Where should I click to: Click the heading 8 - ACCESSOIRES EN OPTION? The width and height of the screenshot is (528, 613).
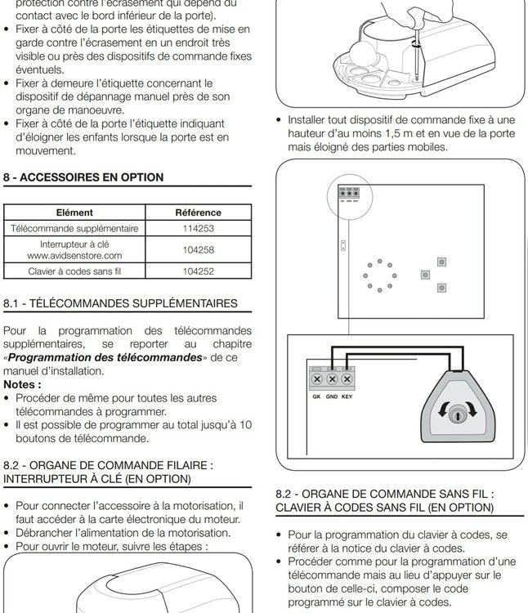pos(83,177)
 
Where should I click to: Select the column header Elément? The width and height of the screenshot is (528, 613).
pos(74,213)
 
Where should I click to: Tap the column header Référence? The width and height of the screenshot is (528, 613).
pos(198,213)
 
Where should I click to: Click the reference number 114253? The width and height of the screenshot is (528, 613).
pos(198,229)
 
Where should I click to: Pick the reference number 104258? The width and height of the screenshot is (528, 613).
pos(198,250)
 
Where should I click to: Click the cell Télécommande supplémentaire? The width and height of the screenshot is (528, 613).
pos(74,229)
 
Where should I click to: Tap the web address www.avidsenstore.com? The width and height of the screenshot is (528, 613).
pos(74,256)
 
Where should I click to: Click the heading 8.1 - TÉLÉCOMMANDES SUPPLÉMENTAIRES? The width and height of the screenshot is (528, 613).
pos(120,304)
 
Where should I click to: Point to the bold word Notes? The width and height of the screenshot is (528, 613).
pos(22,384)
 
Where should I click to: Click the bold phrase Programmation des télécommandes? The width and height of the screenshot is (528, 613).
pos(105,358)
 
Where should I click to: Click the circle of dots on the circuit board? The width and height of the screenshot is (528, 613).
pos(378,276)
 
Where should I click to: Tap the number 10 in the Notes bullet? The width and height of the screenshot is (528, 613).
pos(245,424)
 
